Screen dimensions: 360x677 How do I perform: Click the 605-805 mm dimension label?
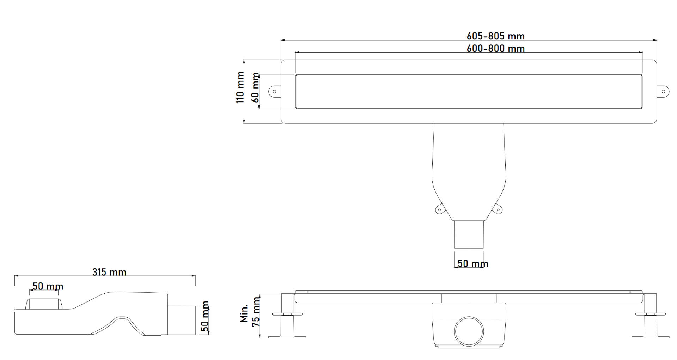coord(495,36)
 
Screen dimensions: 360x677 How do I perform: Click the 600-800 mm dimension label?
coord(495,49)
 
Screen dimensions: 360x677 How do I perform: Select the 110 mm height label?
coord(240,87)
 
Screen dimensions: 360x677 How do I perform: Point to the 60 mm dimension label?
coord(256,87)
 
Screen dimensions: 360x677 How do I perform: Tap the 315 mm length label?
coord(109,272)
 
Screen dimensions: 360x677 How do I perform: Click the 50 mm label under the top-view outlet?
coord(472,264)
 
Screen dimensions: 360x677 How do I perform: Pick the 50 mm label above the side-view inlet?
coord(48,286)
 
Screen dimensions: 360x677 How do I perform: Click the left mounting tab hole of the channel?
coord(274,92)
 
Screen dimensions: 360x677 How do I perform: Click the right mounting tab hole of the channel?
coord(663,92)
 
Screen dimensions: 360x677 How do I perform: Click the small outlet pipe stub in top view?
coord(469,234)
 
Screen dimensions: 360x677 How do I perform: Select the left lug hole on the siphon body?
coord(439,210)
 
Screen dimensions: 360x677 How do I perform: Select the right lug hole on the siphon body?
coord(498,210)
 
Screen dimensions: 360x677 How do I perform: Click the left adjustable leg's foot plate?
coord(287,337)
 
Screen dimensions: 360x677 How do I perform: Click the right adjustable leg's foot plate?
coord(650,337)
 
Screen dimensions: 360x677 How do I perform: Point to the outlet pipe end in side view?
coord(182,320)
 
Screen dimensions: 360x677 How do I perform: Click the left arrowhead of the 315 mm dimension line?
coord(16,276)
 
